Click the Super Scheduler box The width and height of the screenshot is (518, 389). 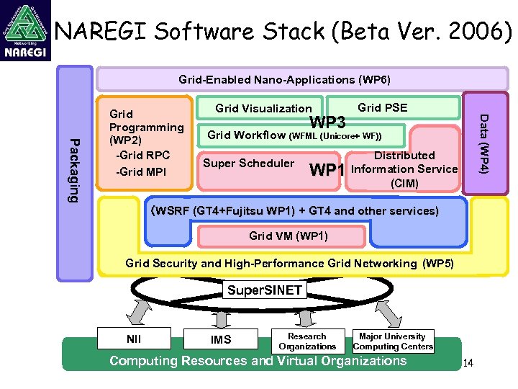(248, 164)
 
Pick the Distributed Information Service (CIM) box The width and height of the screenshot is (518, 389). (404, 169)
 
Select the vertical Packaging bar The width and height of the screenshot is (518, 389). (74, 171)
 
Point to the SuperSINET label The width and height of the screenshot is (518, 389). (264, 290)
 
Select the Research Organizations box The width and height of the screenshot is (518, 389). (307, 341)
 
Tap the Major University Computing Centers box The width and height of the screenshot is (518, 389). (393, 341)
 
